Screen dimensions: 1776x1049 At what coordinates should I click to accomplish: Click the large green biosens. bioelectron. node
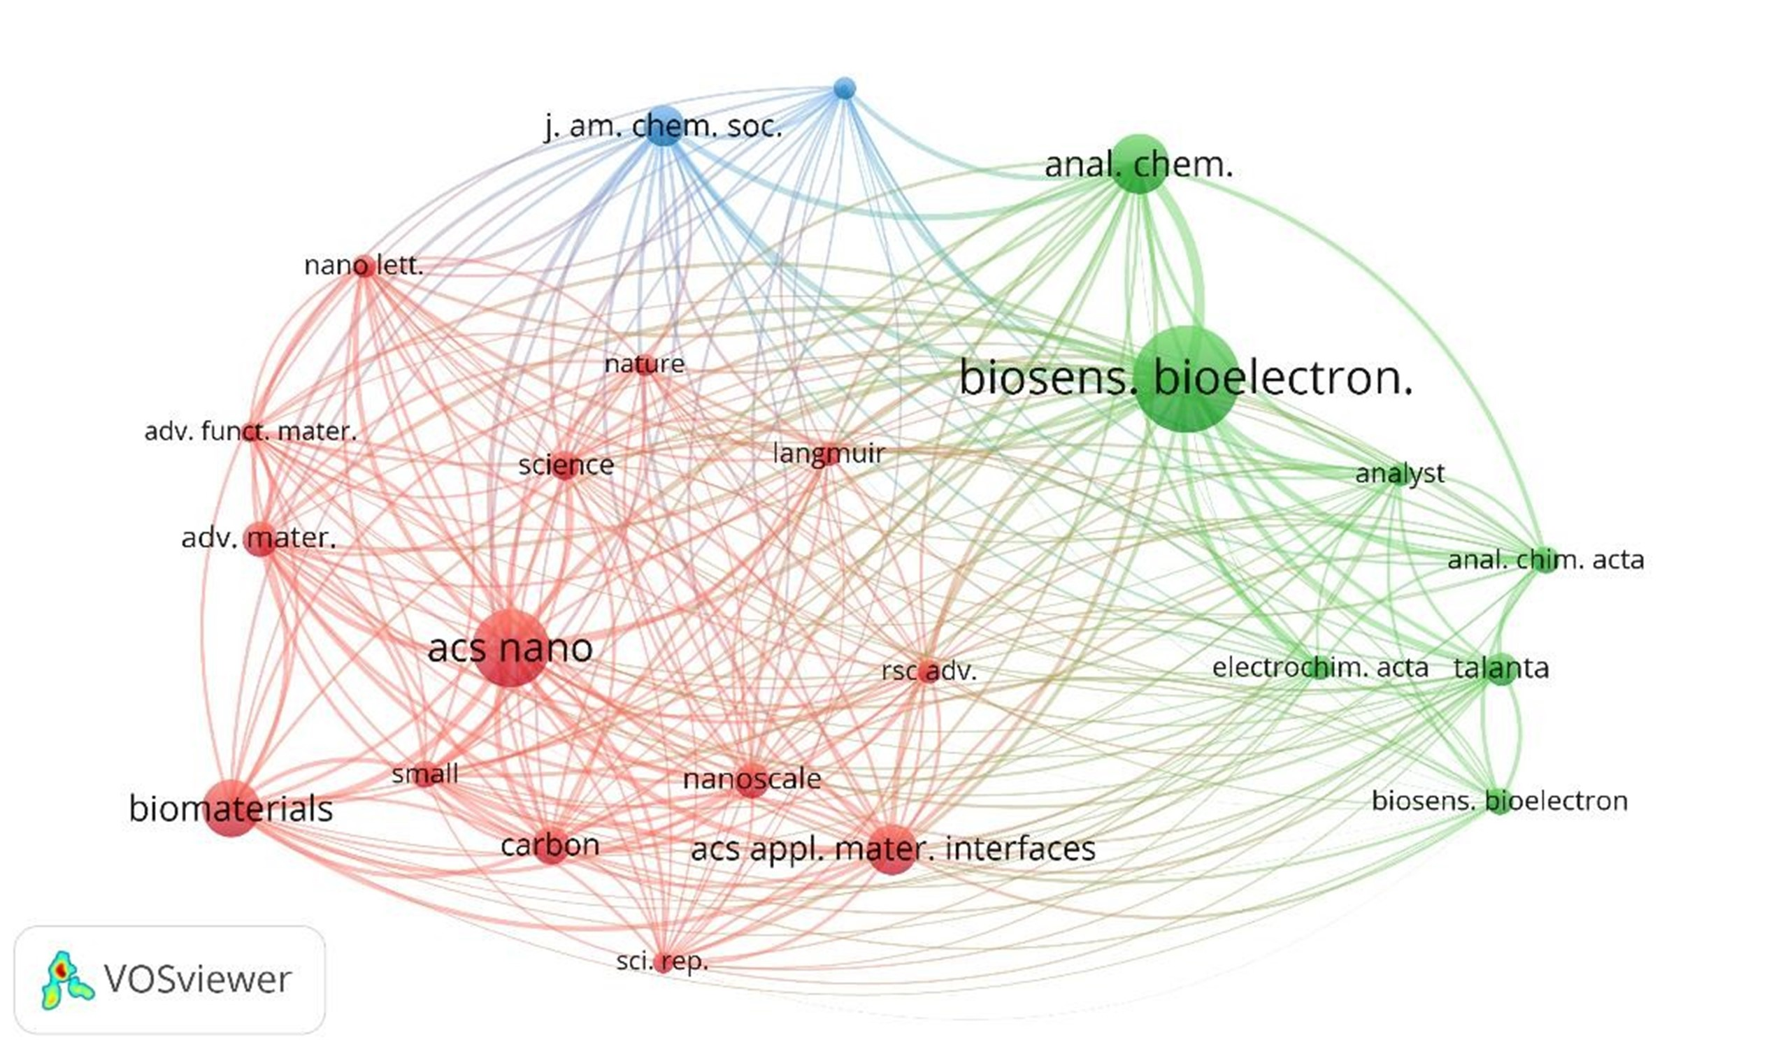(1187, 379)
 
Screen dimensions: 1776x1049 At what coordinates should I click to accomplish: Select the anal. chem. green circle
(1139, 164)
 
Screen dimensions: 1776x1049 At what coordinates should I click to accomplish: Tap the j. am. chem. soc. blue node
(664, 126)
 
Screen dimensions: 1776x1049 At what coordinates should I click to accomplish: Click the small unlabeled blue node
(844, 88)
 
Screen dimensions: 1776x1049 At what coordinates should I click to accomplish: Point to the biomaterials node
(231, 808)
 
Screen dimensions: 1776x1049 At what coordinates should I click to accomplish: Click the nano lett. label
(364, 266)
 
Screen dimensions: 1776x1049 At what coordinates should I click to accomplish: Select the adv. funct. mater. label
(250, 431)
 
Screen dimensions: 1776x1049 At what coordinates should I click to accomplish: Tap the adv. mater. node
(259, 540)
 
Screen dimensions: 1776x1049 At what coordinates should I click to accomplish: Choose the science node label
(566, 465)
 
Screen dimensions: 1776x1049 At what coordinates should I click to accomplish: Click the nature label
(645, 364)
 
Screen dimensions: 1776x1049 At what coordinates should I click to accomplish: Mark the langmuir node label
(829, 453)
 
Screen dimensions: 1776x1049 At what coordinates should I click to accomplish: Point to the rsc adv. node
(929, 671)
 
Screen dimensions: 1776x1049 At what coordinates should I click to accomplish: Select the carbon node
(550, 846)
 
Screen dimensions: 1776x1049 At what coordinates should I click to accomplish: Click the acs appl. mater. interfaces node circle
(891, 848)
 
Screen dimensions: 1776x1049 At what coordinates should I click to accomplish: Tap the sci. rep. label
(661, 962)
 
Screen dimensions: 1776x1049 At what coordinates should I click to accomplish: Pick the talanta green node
(1502, 668)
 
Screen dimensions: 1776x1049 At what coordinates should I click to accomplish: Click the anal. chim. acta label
(1545, 560)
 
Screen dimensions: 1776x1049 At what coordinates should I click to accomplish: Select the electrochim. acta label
(1320, 668)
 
